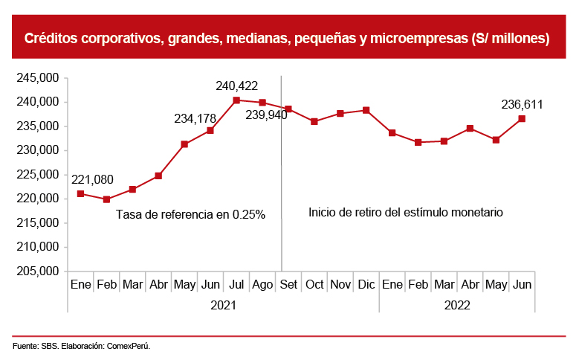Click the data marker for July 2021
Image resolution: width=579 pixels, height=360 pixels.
pyautogui.click(x=236, y=100)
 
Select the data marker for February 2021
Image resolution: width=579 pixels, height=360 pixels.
pyautogui.click(x=106, y=199)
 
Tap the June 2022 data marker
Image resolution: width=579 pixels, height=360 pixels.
pyautogui.click(x=522, y=118)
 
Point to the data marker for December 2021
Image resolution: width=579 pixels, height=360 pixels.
pyautogui.click(x=366, y=110)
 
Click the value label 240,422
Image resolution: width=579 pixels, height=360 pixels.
pyautogui.click(x=236, y=86)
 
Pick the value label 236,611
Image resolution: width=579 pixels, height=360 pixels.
pyautogui.click(x=523, y=104)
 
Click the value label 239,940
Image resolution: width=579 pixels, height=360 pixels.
pyautogui.click(x=262, y=115)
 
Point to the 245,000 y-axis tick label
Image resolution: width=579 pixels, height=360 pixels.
pyautogui.click(x=37, y=78)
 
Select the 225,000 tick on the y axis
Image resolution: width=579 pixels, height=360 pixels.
pyautogui.click(x=37, y=175)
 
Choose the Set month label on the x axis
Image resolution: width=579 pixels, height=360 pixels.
pyautogui.click(x=288, y=284)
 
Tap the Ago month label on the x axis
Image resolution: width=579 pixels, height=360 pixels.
pyautogui.click(x=262, y=284)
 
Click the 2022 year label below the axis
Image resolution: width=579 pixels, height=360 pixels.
pyautogui.click(x=457, y=304)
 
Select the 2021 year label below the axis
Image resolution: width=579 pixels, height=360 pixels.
pyautogui.click(x=223, y=304)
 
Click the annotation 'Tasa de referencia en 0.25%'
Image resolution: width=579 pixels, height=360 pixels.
pyautogui.click(x=190, y=214)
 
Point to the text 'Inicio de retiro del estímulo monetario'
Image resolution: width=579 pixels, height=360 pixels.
pyautogui.click(x=406, y=212)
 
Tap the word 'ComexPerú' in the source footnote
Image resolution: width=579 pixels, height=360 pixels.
pyautogui.click(x=129, y=346)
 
